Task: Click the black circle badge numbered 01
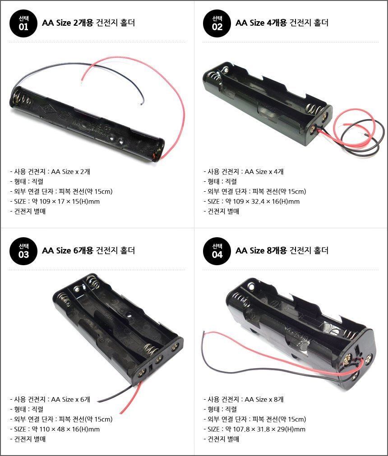(23, 23)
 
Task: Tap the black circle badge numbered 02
(217, 23)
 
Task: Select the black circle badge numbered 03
(23, 251)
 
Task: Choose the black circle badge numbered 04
(217, 251)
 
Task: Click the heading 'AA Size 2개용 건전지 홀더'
(88, 23)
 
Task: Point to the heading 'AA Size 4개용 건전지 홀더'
(282, 23)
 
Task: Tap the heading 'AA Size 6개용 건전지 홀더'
(88, 250)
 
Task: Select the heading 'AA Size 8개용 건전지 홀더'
(282, 250)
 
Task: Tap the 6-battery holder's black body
(118, 327)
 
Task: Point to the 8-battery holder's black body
(300, 332)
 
